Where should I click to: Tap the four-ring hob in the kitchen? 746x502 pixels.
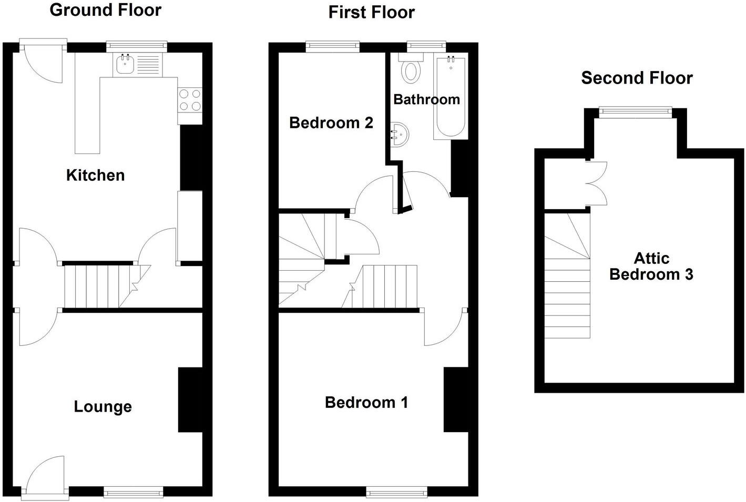coord(190,100)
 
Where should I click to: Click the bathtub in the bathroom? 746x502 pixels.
coord(449,97)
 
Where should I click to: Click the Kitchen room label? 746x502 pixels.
coord(95,175)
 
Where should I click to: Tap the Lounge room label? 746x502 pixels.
coord(103,406)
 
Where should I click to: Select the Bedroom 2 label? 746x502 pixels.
coord(331,123)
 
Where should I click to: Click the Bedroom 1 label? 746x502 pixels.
coord(366,403)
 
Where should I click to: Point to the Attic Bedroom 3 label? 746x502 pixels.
coord(651,267)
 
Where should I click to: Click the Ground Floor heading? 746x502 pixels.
coord(105,10)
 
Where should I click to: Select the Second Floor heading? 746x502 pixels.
coord(636,78)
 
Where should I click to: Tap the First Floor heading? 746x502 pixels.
coord(371,12)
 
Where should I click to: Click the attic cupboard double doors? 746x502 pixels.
coord(597,183)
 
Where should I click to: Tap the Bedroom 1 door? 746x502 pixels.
coord(444,329)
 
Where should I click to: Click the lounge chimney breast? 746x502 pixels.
coord(190,399)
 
